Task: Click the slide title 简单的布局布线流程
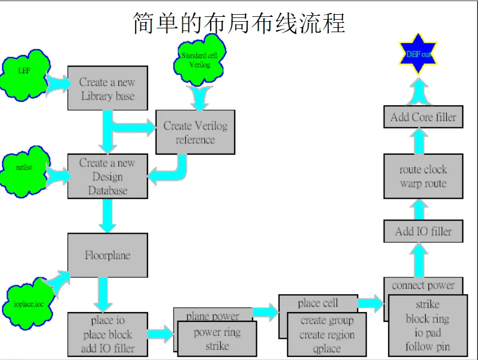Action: [239, 23]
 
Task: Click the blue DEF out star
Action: [418, 54]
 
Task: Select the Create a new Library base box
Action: [107, 89]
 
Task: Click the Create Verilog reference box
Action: [195, 132]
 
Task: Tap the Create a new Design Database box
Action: [107, 176]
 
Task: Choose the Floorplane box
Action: [107, 255]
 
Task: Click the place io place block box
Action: [107, 334]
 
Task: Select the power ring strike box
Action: [217, 339]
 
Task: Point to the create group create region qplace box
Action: [327, 335]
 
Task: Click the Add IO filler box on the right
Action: [423, 231]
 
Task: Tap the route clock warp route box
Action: [423, 176]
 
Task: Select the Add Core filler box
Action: [423, 117]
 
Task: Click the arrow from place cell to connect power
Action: [371, 303]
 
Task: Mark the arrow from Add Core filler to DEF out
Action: [419, 91]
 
